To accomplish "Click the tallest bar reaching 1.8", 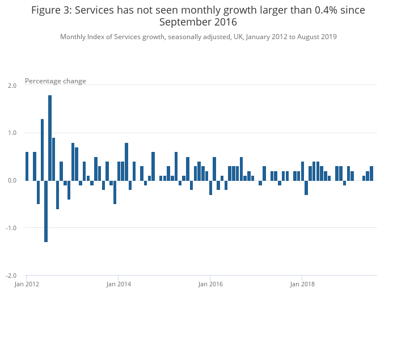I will (x=50, y=138).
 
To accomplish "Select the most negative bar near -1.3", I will (x=46, y=211).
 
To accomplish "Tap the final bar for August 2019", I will (x=371, y=173).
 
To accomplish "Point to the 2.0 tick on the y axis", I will (x=12, y=86).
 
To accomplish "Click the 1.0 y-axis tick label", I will (x=12, y=133).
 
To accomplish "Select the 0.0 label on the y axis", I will (x=12, y=180).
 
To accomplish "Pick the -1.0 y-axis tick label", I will (x=11, y=228).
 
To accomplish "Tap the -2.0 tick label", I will (x=11, y=276).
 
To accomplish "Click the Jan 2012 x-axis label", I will (x=27, y=284).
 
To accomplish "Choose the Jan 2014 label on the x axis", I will (x=119, y=284).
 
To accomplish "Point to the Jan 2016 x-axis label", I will (x=210, y=284).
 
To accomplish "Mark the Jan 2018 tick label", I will (x=302, y=284).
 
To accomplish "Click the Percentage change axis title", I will (x=56, y=81).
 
